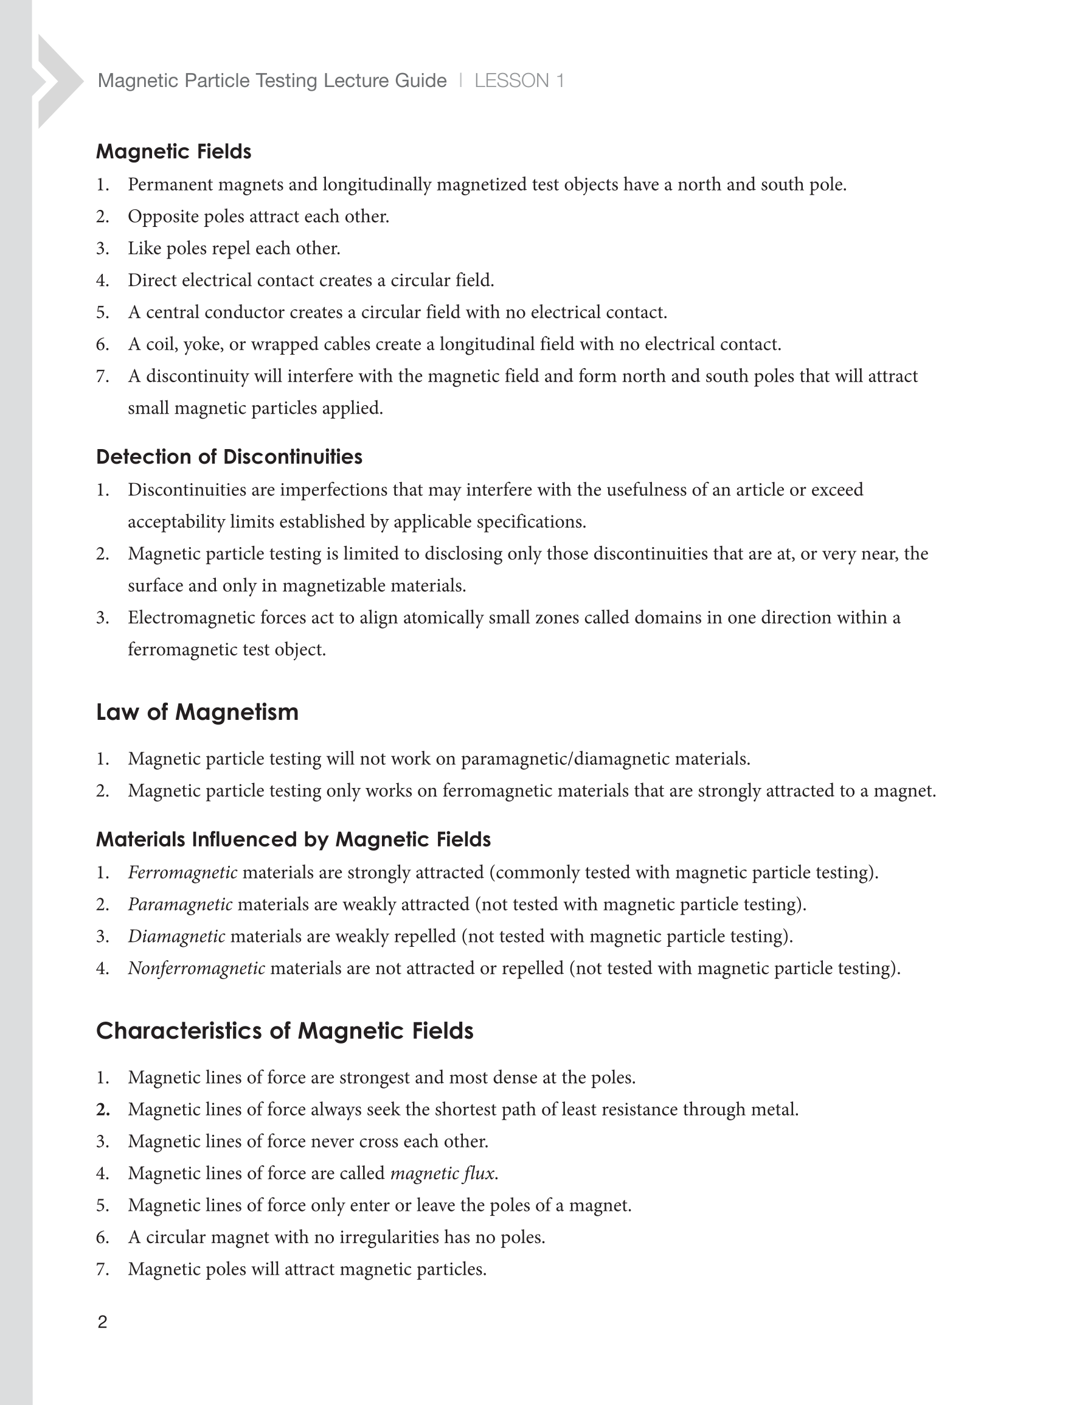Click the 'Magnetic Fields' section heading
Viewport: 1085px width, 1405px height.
174,152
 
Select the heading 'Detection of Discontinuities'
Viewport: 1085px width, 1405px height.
229,457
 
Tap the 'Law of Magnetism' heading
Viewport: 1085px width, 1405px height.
197,712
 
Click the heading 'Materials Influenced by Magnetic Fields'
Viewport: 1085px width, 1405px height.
293,840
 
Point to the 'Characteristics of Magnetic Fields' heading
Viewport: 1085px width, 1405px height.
284,1031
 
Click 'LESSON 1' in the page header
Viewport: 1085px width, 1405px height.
519,81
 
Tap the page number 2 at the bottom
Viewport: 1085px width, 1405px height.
102,1322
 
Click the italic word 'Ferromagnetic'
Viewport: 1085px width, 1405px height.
182,873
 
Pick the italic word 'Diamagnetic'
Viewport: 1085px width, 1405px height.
176,936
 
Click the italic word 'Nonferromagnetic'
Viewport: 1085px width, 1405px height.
196,968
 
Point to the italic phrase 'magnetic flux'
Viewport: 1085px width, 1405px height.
443,1173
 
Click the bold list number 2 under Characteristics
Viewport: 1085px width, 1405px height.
103,1110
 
